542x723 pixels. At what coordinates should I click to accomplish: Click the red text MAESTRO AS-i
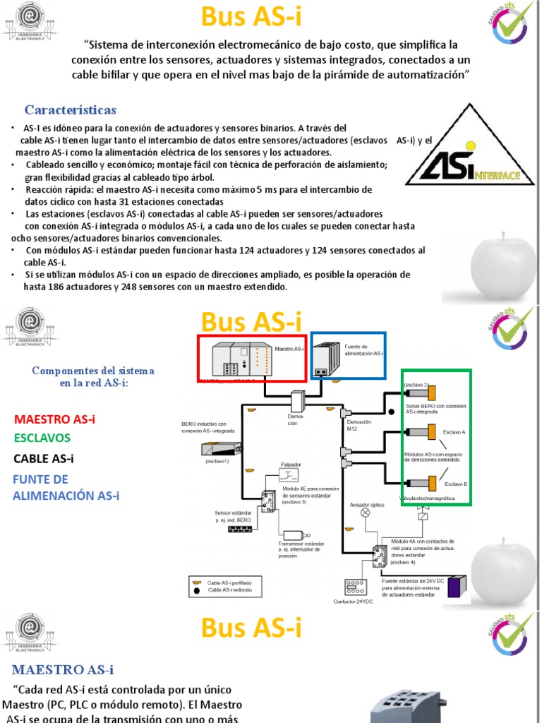coord(54,419)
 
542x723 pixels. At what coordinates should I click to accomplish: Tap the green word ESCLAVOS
coord(42,438)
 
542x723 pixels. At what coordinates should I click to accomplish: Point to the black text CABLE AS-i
coord(44,459)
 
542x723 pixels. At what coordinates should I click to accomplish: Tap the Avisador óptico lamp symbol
coord(365,513)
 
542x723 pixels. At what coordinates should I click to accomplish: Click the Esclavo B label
coord(456,484)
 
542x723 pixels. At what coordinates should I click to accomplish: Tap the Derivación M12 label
coord(359,425)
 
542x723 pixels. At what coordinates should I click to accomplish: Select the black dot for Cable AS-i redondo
coord(196,589)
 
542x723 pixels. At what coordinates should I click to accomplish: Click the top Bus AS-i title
coord(251,17)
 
